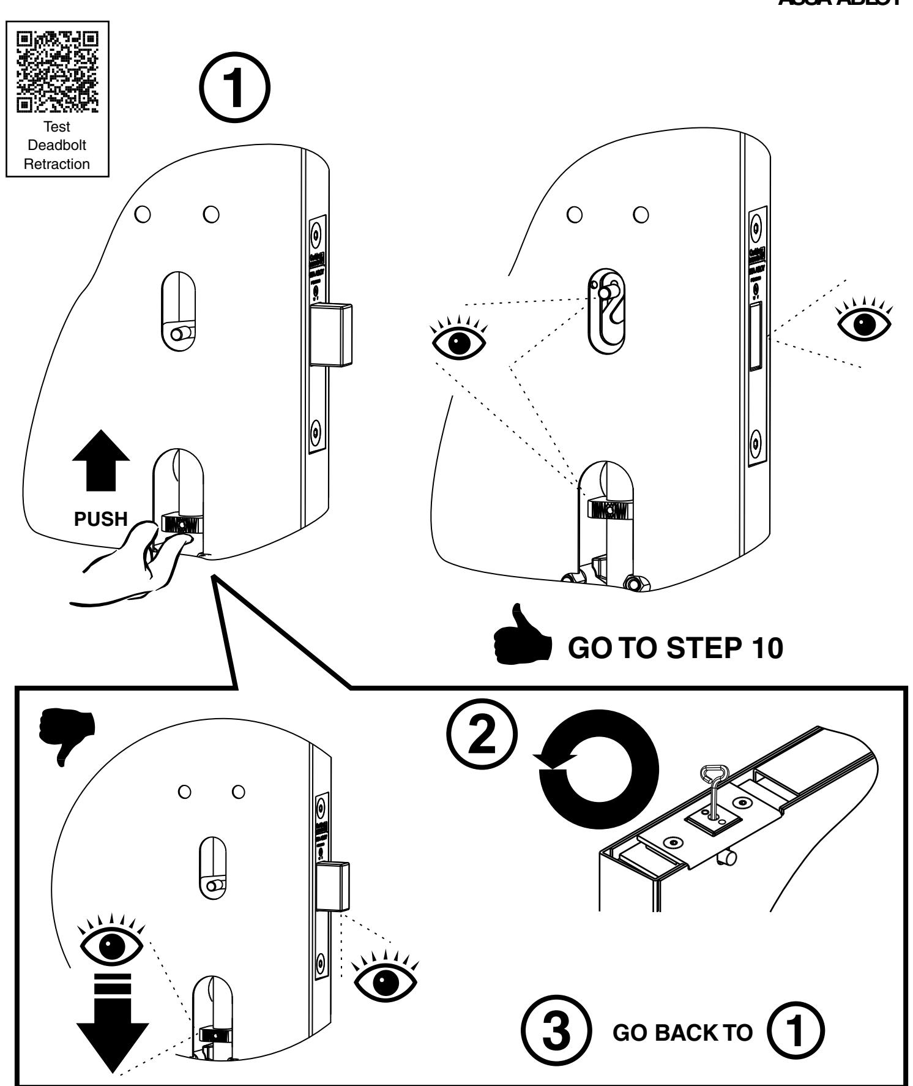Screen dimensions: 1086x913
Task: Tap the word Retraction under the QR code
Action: click(x=57, y=164)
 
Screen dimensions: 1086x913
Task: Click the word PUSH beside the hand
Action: click(x=101, y=520)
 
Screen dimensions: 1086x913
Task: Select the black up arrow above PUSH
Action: click(x=101, y=459)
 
